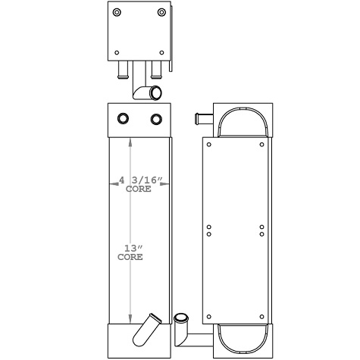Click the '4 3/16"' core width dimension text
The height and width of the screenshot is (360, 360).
tap(141, 180)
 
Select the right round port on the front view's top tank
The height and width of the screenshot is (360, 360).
tap(157, 119)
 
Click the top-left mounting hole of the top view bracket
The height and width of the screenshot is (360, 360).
tap(116, 14)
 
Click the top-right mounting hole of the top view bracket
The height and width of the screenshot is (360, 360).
tap(161, 14)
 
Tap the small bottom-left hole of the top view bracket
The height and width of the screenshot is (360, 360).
tap(116, 52)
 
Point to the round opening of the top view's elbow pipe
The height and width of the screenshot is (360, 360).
tap(155, 92)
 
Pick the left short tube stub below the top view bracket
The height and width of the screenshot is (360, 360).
tap(123, 71)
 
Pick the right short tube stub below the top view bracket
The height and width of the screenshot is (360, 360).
tap(155, 71)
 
